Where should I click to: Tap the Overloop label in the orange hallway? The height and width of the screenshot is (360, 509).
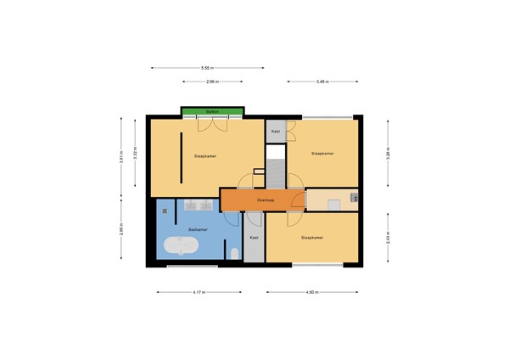(x=266, y=200)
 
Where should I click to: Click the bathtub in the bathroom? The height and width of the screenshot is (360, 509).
(x=180, y=247)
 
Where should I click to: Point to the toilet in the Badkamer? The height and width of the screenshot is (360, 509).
(x=234, y=252)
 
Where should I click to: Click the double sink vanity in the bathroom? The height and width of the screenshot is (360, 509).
(x=197, y=205)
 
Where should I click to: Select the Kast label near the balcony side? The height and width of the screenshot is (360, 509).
(x=276, y=132)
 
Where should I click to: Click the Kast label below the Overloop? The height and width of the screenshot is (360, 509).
(x=254, y=238)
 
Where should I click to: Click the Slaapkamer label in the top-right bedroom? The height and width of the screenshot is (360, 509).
(x=322, y=154)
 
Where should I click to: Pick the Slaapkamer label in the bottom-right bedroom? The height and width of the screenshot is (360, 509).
(x=311, y=238)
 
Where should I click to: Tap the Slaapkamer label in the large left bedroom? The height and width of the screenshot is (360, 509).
(x=204, y=156)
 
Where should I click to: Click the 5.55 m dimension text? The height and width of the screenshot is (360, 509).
(x=207, y=67)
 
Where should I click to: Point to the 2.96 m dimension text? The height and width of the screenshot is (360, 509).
(x=212, y=82)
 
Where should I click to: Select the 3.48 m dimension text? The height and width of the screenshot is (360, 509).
(x=322, y=82)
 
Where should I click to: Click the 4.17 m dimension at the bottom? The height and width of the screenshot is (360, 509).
(x=198, y=292)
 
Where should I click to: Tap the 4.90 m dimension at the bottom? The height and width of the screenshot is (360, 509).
(x=311, y=292)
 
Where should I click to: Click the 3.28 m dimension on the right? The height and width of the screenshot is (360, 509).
(x=389, y=154)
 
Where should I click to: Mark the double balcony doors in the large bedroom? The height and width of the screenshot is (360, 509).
(x=213, y=125)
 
